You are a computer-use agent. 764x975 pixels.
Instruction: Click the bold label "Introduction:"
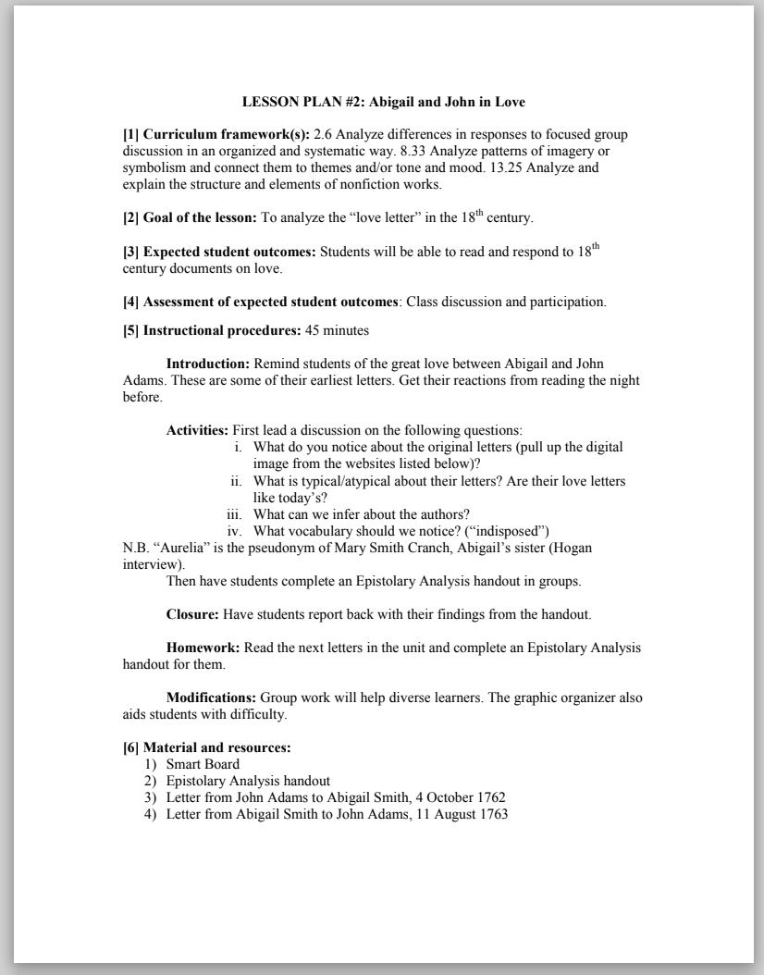207,364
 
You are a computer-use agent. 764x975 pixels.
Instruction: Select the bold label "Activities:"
197,430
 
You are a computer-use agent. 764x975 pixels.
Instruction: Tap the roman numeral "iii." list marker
234,514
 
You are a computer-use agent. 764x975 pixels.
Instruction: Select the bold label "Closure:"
193,614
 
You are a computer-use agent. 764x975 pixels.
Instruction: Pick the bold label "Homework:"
202,648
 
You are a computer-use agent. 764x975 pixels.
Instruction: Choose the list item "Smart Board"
203,764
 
